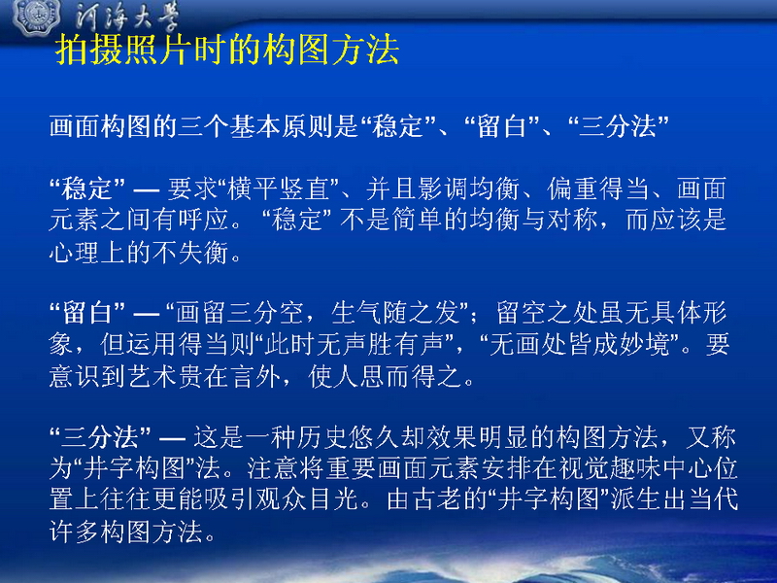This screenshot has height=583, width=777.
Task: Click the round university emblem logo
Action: (36, 16)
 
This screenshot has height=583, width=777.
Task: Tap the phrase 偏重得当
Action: (598, 189)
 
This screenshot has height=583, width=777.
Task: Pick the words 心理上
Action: (87, 252)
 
